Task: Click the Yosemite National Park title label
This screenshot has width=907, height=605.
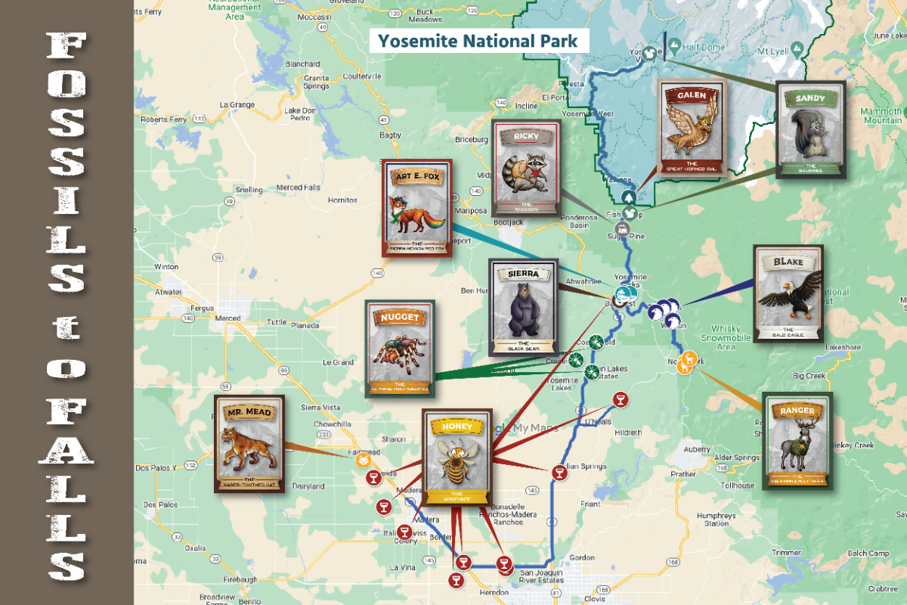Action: tap(478, 41)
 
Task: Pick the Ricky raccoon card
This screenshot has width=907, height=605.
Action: tap(526, 169)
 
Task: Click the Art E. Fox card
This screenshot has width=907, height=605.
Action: tap(416, 208)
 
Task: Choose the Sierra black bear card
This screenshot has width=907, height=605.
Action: tap(523, 307)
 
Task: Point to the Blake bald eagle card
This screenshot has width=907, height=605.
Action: tap(788, 293)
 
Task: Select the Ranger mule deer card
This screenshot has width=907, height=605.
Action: tap(797, 441)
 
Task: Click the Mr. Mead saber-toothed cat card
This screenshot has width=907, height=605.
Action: tap(249, 444)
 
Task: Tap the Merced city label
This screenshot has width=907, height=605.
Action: tap(228, 318)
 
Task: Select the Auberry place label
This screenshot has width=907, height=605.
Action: tap(696, 449)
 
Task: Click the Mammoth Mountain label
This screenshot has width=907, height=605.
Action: tap(883, 116)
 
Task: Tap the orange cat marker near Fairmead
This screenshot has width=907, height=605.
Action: tap(363, 460)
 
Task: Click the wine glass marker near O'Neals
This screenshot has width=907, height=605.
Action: tap(620, 399)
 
